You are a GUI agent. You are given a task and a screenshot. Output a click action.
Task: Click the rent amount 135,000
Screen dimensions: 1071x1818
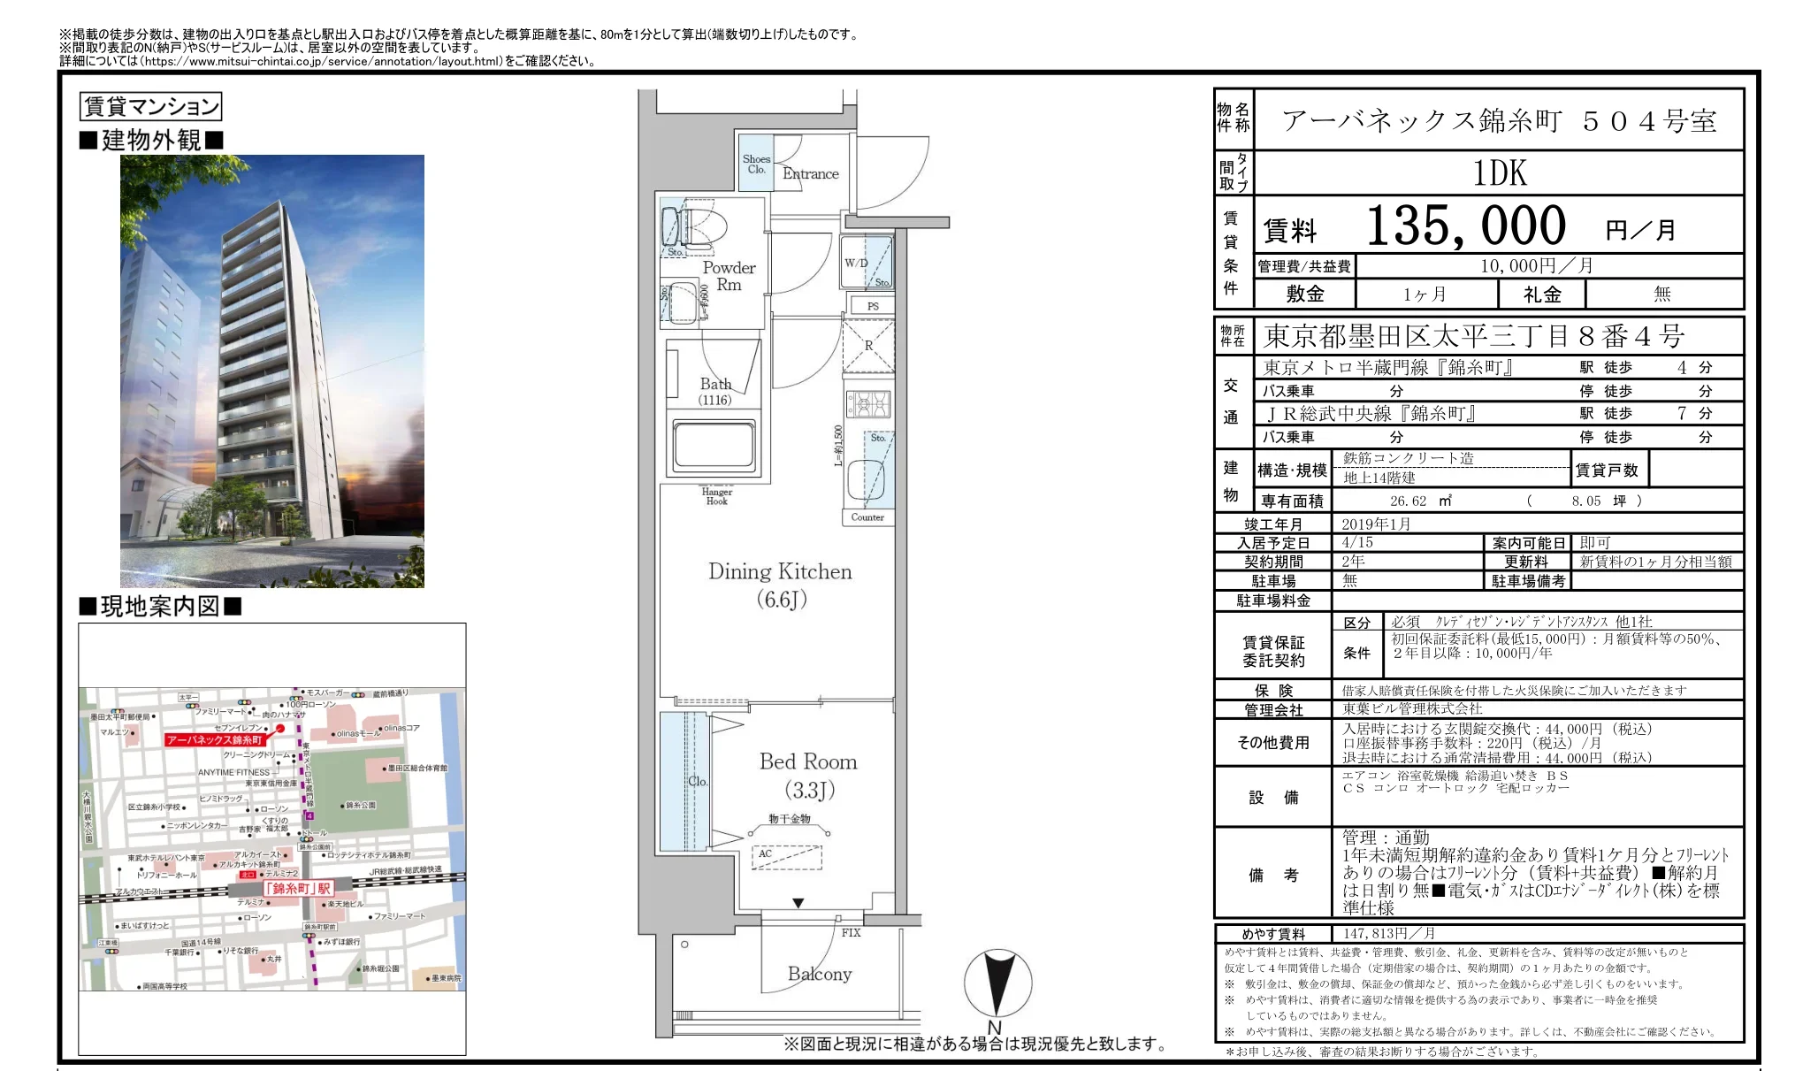point(1465,226)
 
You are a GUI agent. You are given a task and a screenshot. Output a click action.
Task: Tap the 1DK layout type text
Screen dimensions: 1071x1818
point(1500,173)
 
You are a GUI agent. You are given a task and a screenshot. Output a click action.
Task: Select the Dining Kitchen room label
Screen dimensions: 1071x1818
point(780,572)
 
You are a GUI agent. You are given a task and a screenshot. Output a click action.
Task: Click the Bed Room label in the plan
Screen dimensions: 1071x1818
point(807,762)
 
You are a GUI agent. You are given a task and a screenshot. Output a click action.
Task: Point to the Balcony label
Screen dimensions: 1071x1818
point(819,974)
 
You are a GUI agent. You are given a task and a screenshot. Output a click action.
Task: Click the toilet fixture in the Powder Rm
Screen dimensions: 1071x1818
point(695,226)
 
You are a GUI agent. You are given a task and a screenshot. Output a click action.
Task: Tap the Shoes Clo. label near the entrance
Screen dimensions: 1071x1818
point(756,164)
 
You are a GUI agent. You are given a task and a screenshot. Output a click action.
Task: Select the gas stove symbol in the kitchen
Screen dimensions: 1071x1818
point(869,404)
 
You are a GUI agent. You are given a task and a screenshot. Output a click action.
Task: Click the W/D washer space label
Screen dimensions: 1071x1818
point(855,263)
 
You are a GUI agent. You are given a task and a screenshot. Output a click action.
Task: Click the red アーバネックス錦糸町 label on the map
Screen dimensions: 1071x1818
point(215,739)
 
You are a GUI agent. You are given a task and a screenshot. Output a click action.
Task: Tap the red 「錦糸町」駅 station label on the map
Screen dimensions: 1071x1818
point(298,888)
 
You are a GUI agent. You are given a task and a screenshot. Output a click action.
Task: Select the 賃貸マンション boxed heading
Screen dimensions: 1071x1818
point(150,107)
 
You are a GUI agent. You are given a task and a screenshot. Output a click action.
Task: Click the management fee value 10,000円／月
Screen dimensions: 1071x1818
point(1536,265)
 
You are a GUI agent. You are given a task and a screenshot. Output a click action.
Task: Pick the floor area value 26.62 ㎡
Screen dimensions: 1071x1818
point(1419,501)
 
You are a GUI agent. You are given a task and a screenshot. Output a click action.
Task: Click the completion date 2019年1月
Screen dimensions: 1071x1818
point(1376,524)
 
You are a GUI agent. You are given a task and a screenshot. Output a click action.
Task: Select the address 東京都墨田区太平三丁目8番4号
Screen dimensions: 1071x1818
point(1473,336)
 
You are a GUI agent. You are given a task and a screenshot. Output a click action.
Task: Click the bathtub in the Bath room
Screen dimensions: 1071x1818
point(714,445)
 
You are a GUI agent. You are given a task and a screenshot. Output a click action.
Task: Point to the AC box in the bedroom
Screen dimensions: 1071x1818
point(787,856)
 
